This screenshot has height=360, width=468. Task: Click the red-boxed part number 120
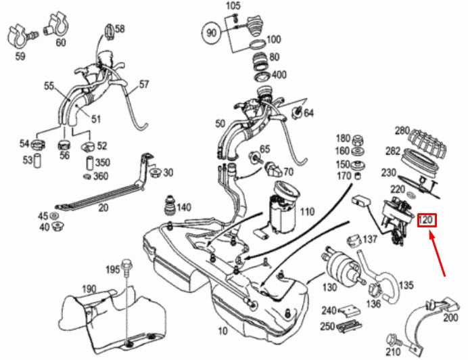point(426,221)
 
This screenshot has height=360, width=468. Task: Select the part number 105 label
point(233,6)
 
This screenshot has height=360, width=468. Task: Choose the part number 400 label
point(278,74)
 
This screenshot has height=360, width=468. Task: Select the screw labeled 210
point(393,338)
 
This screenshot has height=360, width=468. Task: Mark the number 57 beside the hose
point(143,85)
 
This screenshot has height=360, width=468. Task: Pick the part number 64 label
point(308,112)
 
